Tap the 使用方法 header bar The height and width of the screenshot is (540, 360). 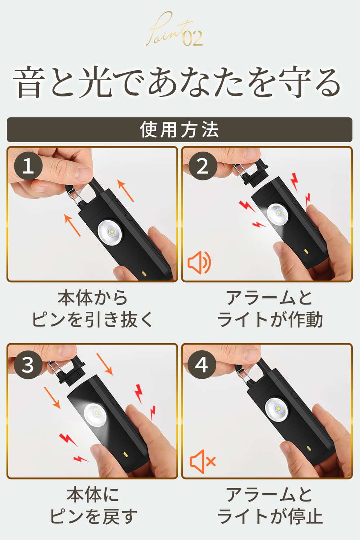[180, 130]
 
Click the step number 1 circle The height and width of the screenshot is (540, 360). [28, 166]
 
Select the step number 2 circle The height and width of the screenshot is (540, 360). [203, 166]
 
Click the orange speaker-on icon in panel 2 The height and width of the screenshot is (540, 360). [199, 262]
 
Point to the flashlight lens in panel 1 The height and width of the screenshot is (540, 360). [110, 232]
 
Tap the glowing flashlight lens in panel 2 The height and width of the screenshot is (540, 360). [278, 213]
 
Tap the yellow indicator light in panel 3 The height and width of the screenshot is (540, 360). [125, 454]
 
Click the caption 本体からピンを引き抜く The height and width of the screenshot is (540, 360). [93, 309]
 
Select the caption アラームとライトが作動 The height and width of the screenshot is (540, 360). [270, 309]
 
